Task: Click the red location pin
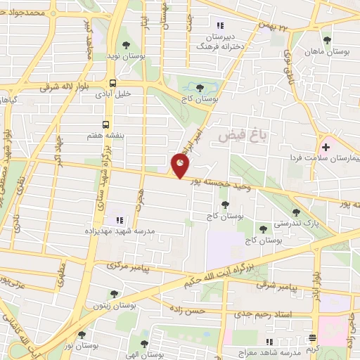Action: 181,166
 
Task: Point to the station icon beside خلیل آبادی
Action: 113,82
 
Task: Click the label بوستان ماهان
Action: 328,51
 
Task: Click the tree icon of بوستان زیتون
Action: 113,294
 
